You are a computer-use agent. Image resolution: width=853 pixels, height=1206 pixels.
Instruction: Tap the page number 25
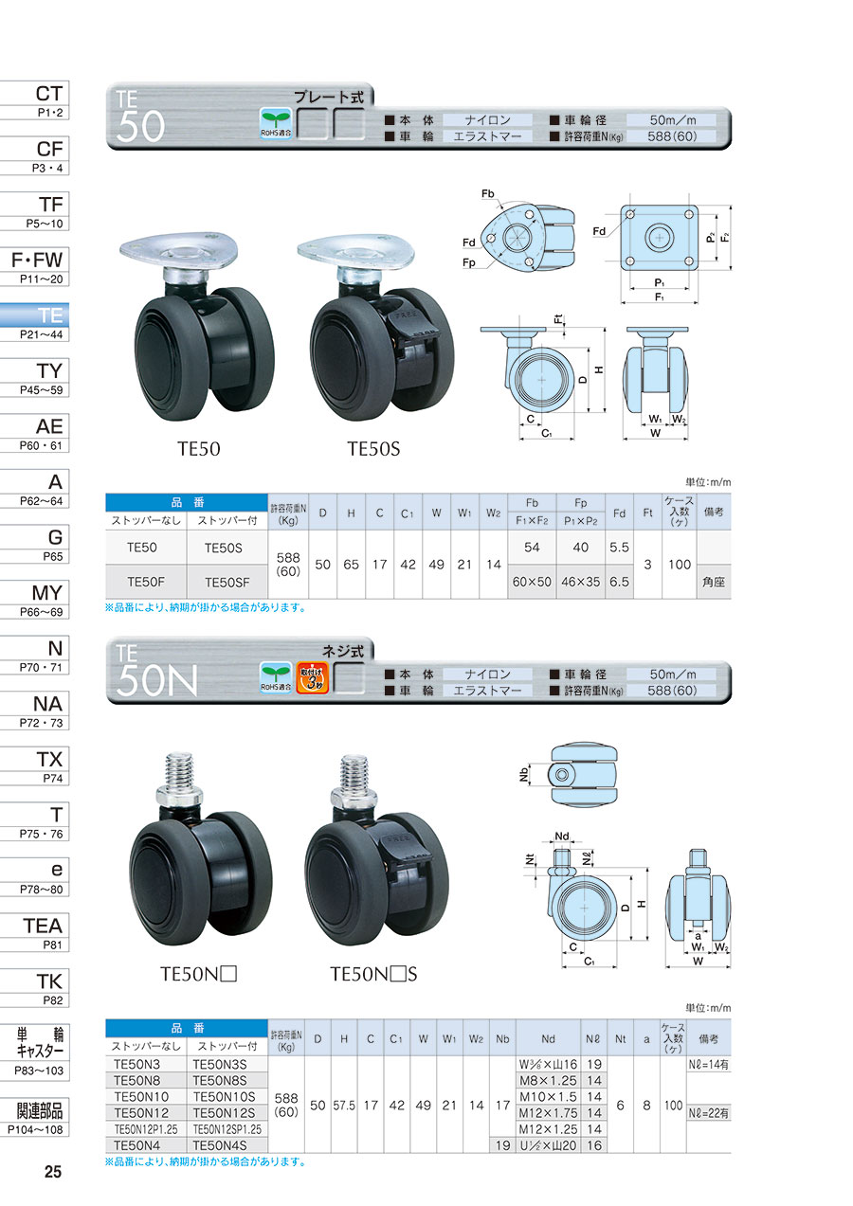[53, 1172]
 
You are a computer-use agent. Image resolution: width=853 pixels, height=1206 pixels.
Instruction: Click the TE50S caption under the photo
[373, 449]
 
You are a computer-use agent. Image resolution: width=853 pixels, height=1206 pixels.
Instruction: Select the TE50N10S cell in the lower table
[227, 1095]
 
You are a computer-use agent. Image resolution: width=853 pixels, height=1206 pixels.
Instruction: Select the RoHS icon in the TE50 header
[276, 123]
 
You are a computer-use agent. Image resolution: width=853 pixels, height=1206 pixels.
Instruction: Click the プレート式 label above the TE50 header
[332, 96]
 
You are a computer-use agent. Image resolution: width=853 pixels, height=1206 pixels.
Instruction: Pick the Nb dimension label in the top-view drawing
[524, 775]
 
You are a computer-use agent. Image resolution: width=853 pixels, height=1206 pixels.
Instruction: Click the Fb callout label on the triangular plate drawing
[489, 194]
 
